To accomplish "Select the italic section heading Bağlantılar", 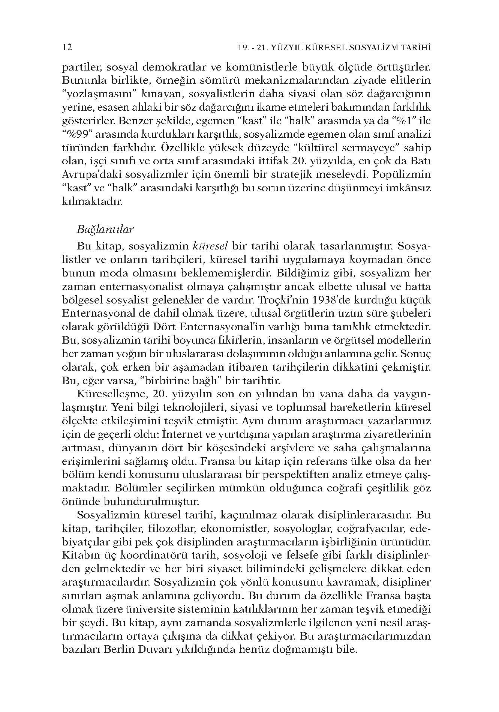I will pyautogui.click(x=105, y=229).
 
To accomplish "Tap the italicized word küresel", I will pyautogui.click(x=210, y=246).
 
